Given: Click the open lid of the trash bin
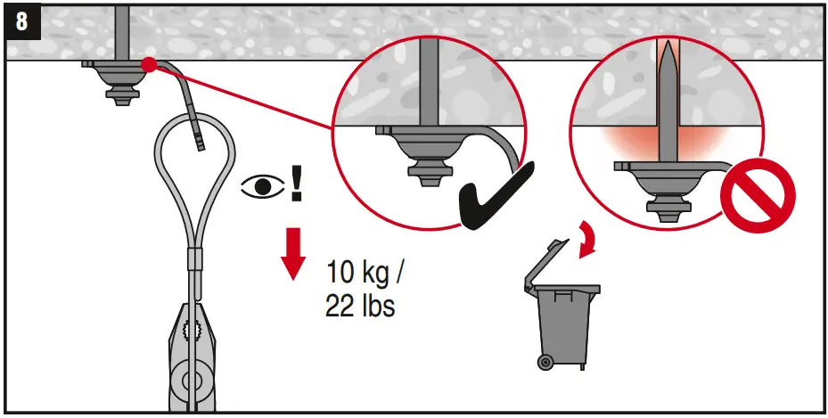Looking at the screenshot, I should tap(545, 263).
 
